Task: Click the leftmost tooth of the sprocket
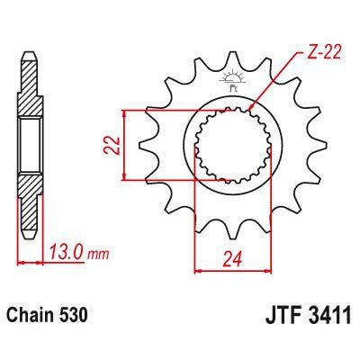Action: [x=138, y=144]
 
